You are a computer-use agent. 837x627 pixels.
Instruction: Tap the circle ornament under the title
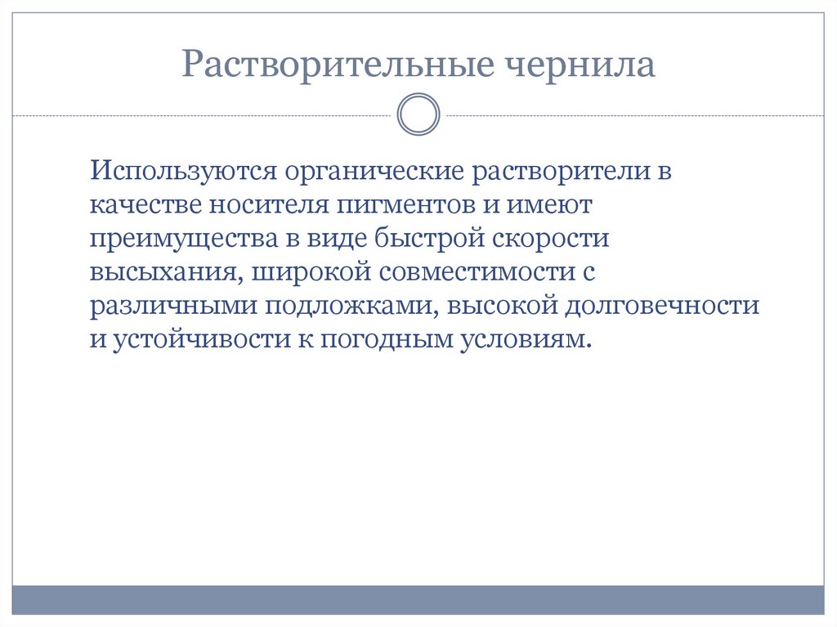(x=418, y=114)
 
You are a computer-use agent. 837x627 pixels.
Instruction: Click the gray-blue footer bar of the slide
(x=418, y=600)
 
